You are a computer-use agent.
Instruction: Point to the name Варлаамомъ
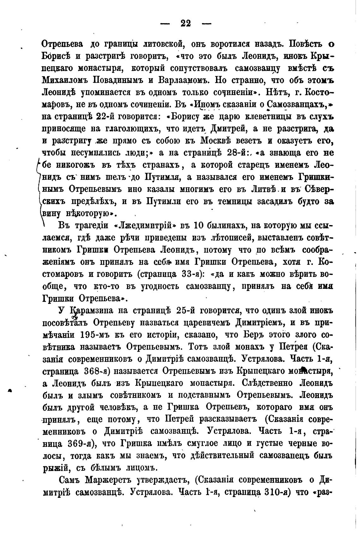(x=181, y=80)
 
